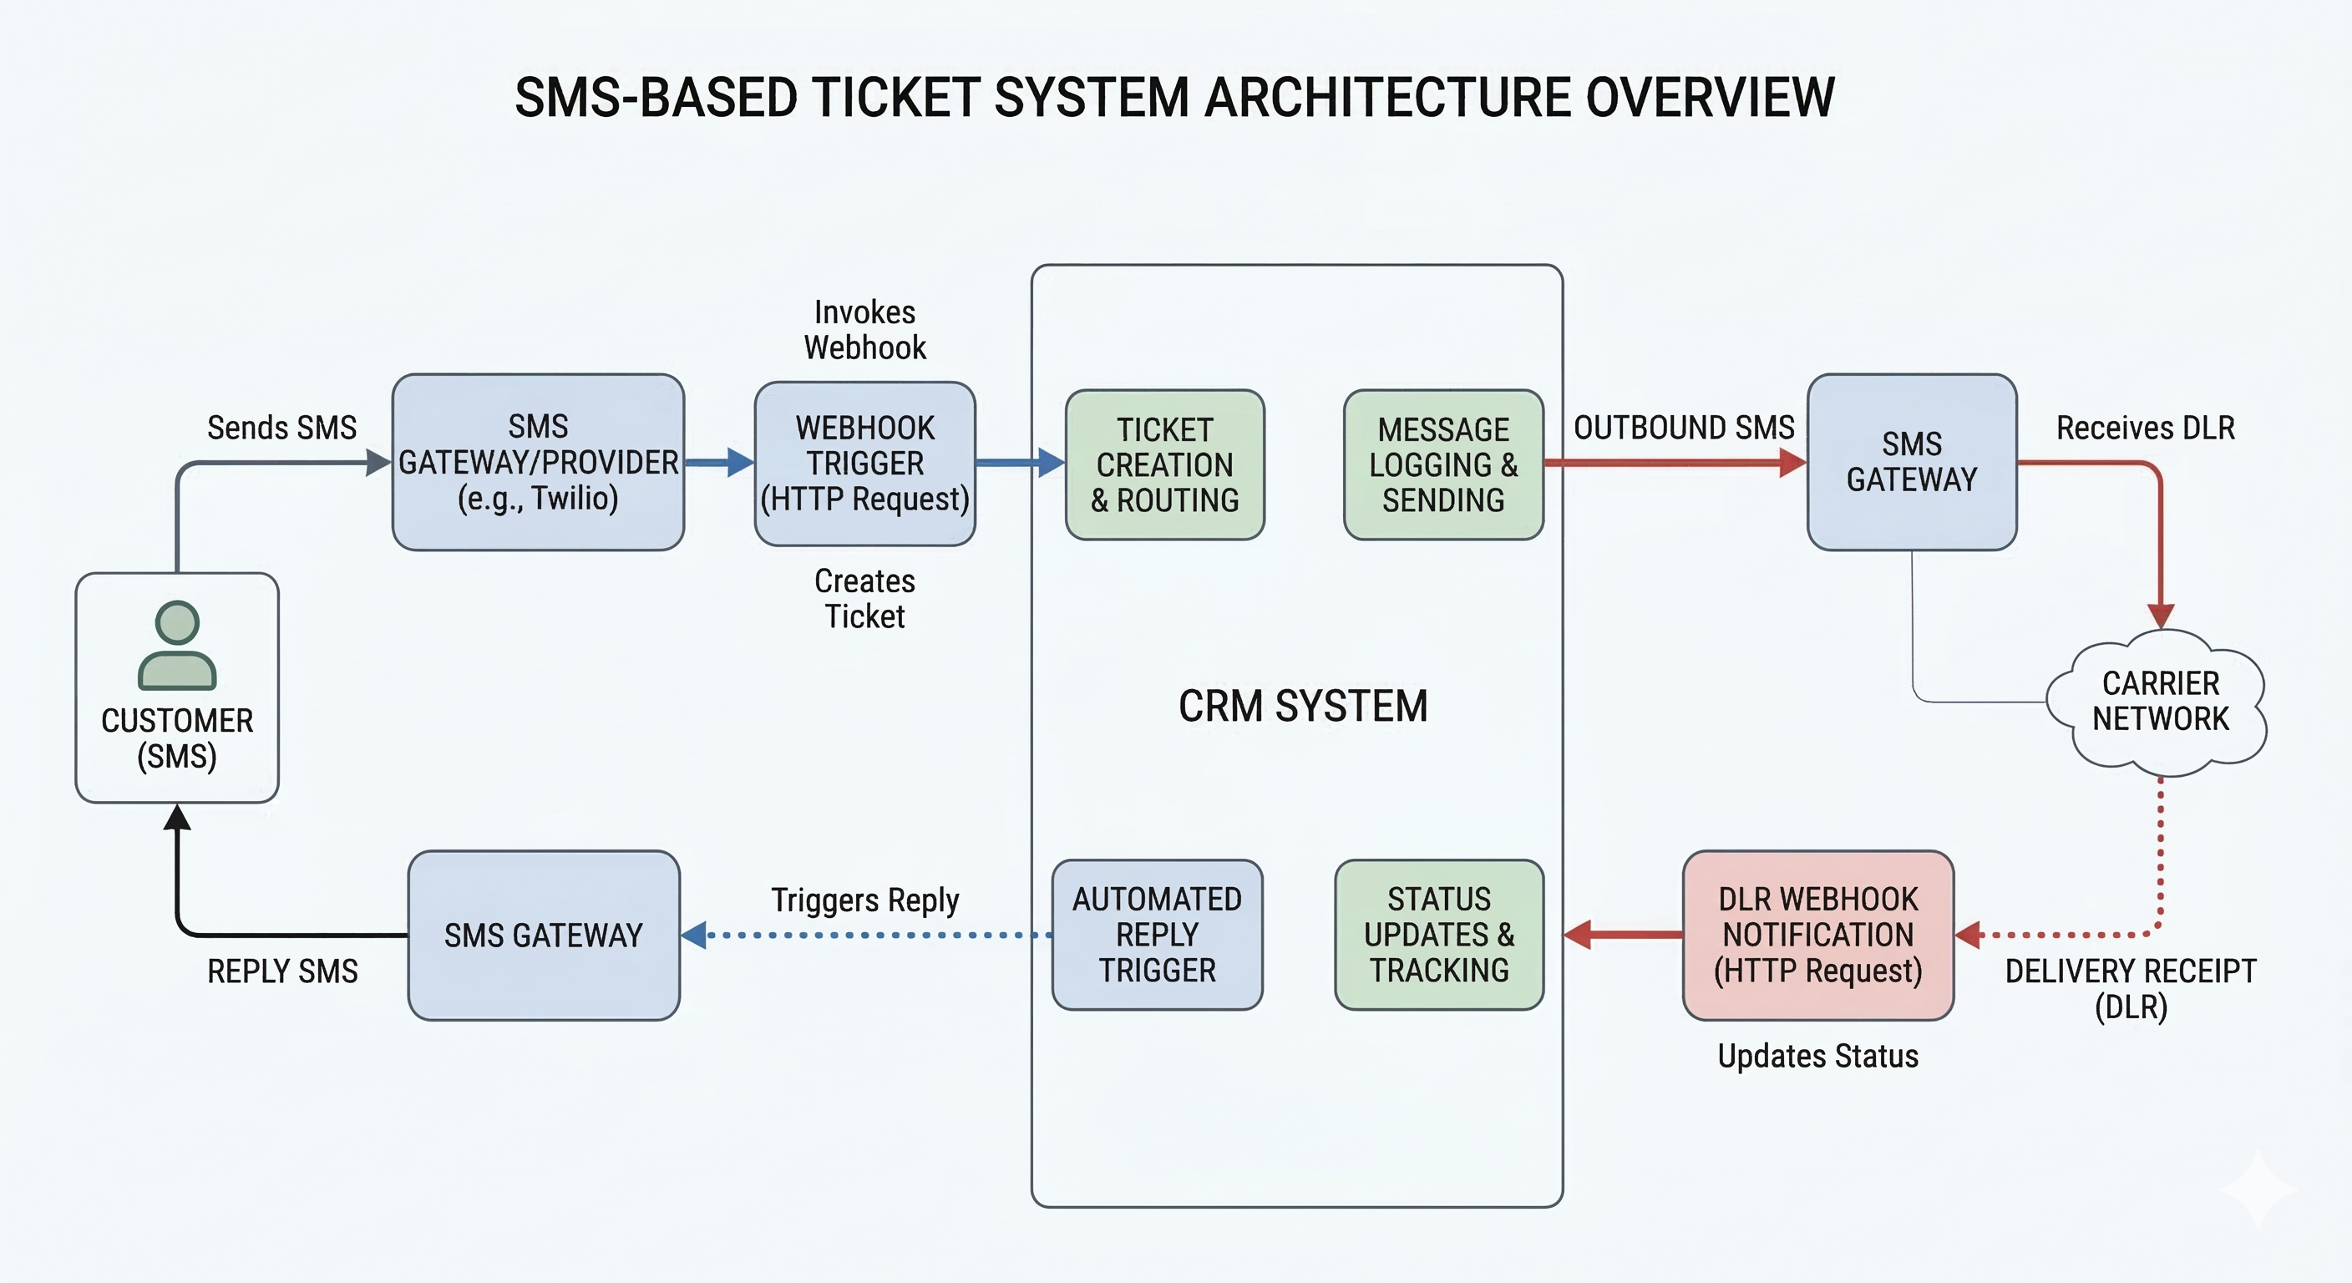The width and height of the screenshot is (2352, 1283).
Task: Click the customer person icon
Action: pyautogui.click(x=177, y=645)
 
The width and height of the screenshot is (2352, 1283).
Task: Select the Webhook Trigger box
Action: pyautogui.click(x=864, y=464)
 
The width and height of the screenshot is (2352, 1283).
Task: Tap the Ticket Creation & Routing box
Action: pyautogui.click(x=1164, y=464)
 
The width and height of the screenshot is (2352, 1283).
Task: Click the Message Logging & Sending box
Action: pyautogui.click(x=1442, y=464)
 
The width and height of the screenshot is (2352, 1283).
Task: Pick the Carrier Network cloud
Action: pyautogui.click(x=2159, y=702)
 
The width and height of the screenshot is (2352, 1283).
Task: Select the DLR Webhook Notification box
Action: pyautogui.click(x=1817, y=935)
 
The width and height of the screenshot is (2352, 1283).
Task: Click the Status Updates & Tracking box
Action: pyautogui.click(x=1439, y=935)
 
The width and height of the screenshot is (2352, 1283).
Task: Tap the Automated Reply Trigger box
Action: pyautogui.click(x=1157, y=935)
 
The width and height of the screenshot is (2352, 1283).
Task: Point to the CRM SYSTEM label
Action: pyautogui.click(x=1303, y=706)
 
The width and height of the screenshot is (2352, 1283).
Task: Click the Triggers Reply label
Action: pyautogui.click(x=864, y=900)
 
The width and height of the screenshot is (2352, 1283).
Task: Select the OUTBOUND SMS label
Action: pyautogui.click(x=1684, y=428)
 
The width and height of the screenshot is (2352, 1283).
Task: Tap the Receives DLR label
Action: pyautogui.click(x=2145, y=428)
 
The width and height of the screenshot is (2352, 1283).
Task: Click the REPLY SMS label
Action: pyautogui.click(x=282, y=971)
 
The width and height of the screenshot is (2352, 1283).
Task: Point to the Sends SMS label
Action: pyautogui.click(x=281, y=428)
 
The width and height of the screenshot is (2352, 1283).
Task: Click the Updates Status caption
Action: pyautogui.click(x=1817, y=1057)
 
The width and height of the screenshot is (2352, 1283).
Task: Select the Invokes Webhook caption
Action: pyautogui.click(x=864, y=330)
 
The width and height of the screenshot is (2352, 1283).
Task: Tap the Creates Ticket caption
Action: pyautogui.click(x=864, y=599)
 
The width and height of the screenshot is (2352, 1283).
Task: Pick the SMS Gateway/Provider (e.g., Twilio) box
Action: pyautogui.click(x=538, y=462)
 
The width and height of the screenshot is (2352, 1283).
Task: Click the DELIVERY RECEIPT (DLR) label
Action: pyautogui.click(x=2130, y=989)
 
